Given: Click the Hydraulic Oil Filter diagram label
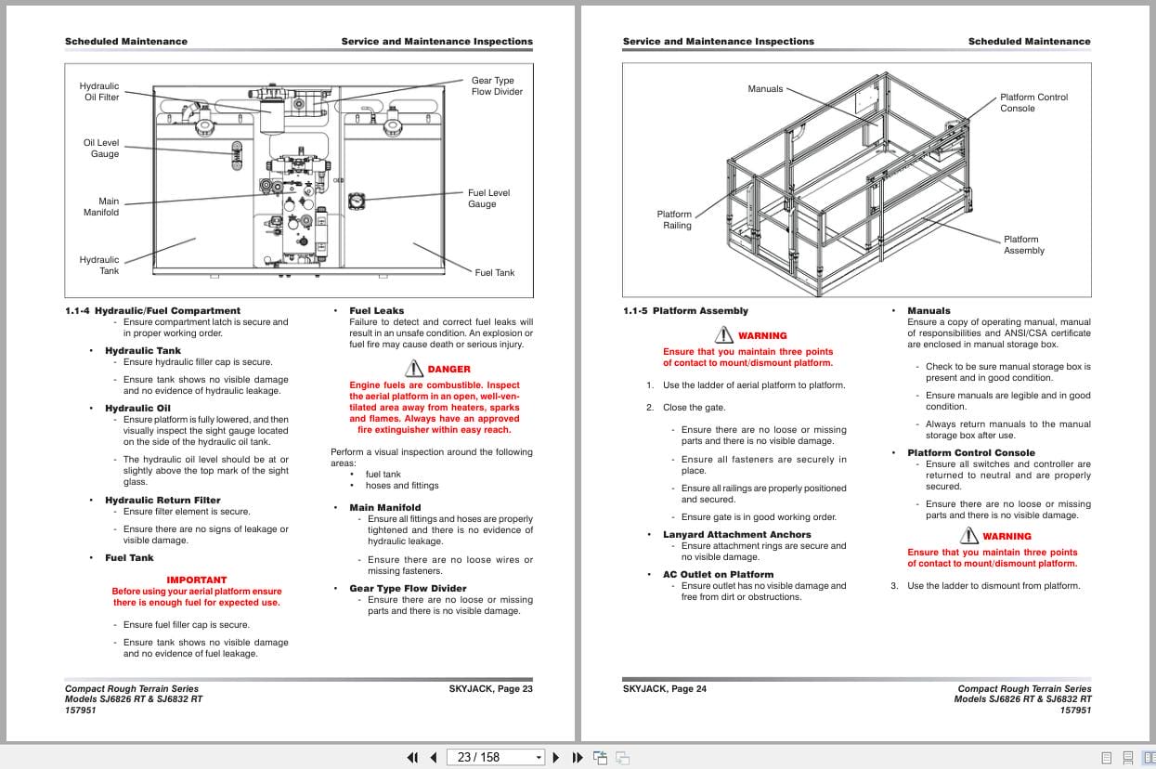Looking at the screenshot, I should [x=100, y=91].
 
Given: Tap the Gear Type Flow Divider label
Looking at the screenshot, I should [x=497, y=86].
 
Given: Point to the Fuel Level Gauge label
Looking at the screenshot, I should [x=488, y=199].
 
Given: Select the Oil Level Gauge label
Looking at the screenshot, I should [x=101, y=149].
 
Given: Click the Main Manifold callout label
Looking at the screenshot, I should [x=101, y=206].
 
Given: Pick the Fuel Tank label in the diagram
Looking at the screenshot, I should [x=494, y=273].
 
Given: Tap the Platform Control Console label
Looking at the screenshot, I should [x=1033, y=102].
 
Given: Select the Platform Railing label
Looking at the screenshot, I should [x=675, y=220].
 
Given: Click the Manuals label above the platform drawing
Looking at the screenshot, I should [x=765, y=89].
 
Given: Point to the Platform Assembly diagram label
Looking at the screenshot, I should [x=1023, y=245].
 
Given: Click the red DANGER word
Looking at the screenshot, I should [x=448, y=370].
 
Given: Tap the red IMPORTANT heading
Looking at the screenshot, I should [x=196, y=580].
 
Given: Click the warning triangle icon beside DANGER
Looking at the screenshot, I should [x=414, y=369].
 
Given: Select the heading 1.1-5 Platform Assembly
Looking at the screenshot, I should [x=685, y=311].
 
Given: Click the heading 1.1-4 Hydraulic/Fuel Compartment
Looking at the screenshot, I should [x=152, y=311].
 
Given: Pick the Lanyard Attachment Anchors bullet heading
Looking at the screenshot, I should [x=736, y=535].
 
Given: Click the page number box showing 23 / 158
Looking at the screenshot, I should [x=494, y=757].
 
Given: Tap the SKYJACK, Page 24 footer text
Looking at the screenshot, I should [x=664, y=689].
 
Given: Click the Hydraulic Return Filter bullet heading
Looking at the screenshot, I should [x=162, y=501].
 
